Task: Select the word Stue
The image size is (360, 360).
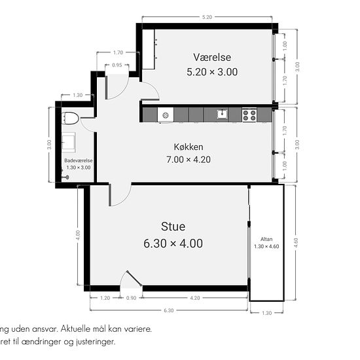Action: (x=173, y=227)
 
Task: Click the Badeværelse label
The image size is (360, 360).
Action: (x=78, y=160)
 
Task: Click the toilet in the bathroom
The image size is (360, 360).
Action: (x=70, y=118)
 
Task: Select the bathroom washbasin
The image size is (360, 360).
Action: (x=69, y=142)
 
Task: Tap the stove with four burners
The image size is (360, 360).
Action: (x=249, y=115)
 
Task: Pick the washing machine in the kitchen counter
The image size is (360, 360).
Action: (x=166, y=115)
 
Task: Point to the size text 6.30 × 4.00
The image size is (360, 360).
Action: (x=173, y=243)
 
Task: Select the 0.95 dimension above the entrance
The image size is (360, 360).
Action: (x=117, y=65)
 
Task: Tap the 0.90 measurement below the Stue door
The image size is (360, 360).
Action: (x=131, y=298)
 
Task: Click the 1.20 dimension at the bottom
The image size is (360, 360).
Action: (x=105, y=298)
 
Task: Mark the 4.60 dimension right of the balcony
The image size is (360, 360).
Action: (x=295, y=242)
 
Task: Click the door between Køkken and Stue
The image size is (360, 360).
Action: (x=120, y=194)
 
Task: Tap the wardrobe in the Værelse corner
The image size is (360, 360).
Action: (x=149, y=49)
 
